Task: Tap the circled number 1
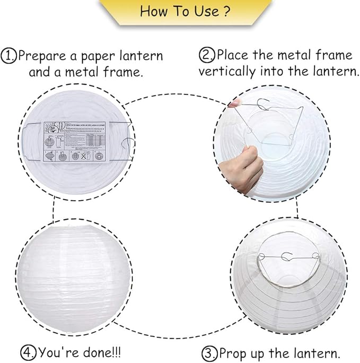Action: pos(9,56)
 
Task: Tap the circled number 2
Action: pos(206,55)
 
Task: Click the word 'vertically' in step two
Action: pos(226,71)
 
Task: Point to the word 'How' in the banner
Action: pos(154,11)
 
